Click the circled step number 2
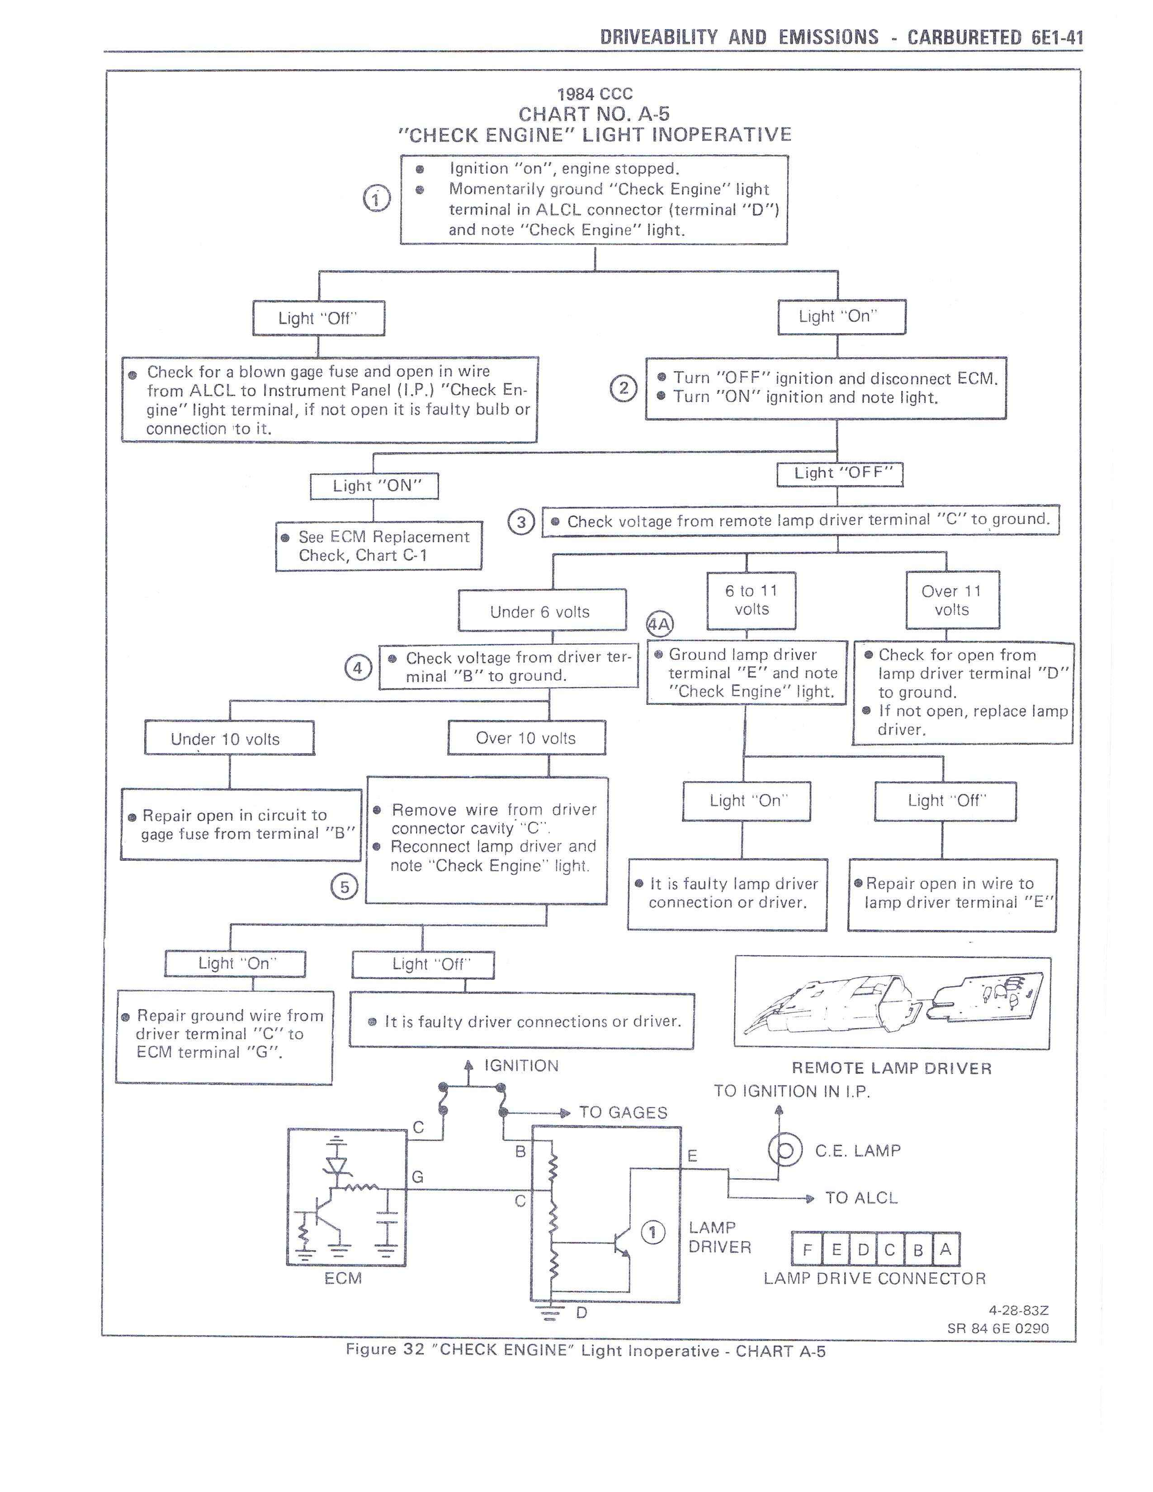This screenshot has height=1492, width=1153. click(x=623, y=389)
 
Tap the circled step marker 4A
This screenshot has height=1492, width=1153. click(x=660, y=624)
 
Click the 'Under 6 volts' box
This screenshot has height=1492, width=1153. click(x=542, y=611)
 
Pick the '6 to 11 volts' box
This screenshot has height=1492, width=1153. click(x=751, y=600)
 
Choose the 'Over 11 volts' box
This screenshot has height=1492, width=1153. click(x=952, y=600)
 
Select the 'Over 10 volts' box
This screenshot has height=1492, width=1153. click(x=526, y=738)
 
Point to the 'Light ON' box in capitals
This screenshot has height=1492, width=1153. click(x=374, y=486)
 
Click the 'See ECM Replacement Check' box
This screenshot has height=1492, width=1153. click(x=378, y=546)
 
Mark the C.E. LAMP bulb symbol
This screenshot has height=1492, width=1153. click(x=785, y=1151)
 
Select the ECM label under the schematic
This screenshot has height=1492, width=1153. click(x=343, y=1278)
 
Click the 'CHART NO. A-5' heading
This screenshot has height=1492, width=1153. click(x=594, y=113)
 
